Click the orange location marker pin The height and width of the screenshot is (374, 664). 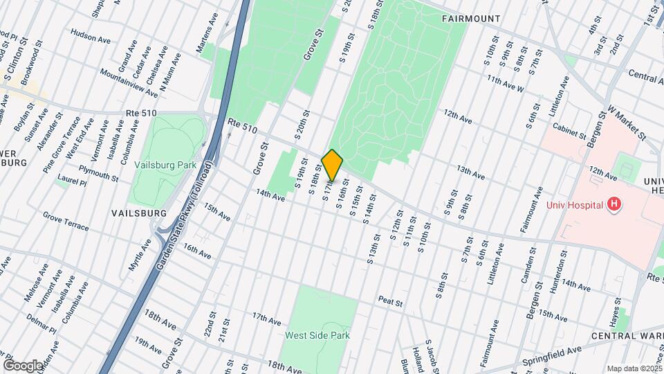coord(333,165)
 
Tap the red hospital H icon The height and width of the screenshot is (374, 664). coord(612,204)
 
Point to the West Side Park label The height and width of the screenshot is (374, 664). coord(317,335)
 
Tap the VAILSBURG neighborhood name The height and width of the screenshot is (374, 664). coord(139,213)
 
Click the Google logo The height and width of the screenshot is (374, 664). coord(24,365)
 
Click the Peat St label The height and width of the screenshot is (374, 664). coord(390,300)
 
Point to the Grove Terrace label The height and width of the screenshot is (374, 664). coord(66,222)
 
